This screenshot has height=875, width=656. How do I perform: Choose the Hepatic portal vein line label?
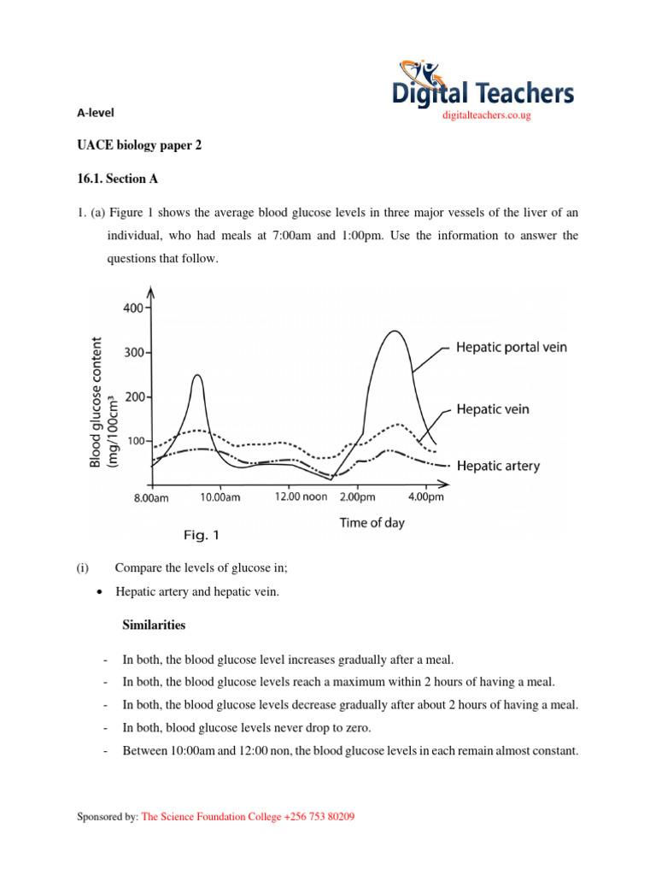pos(511,348)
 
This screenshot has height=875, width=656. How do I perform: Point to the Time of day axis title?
pos(372,522)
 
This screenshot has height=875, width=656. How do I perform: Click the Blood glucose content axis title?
pos(100,402)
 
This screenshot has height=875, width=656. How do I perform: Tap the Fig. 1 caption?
pos(202,536)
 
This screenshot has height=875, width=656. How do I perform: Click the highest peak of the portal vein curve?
pos(393,332)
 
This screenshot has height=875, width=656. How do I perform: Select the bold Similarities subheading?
pos(149,625)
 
